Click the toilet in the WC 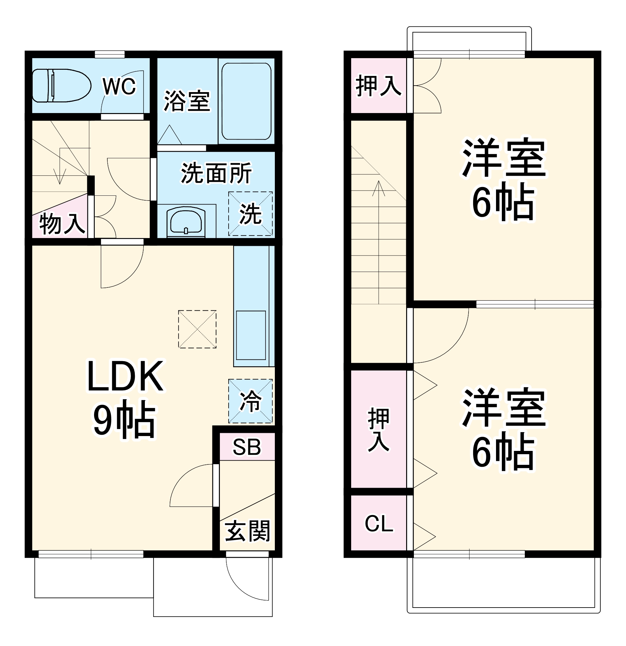[61, 86]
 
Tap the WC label [119, 87]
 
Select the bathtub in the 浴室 [246, 101]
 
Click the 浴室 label [187, 101]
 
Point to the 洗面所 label [216, 173]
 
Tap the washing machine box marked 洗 [251, 214]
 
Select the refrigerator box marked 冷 [251, 401]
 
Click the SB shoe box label [247, 447]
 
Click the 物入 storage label [62, 224]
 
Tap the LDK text [125, 376]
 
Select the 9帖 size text [124, 419]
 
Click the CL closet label [379, 524]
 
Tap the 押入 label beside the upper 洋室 [379, 86]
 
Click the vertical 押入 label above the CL [379, 430]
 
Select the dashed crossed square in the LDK [197, 329]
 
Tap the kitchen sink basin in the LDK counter [251, 335]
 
